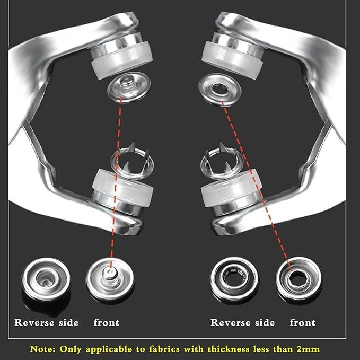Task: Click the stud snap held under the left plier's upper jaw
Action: tap(129, 87)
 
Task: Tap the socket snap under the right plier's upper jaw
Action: tap(219, 90)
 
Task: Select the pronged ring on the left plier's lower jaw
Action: tap(132, 162)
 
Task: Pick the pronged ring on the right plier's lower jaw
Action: tap(222, 162)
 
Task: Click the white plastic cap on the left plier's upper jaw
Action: tap(122, 60)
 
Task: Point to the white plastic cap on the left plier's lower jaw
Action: tap(122, 187)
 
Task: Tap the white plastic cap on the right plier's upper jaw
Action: tap(232, 60)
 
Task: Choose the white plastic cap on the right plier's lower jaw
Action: tap(231, 187)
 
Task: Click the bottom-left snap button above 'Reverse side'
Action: tap(46, 279)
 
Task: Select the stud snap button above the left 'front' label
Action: tap(110, 279)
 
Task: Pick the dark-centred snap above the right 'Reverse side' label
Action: tap(234, 279)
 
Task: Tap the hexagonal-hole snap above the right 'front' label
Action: tap(298, 279)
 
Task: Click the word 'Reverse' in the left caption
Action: tap(34, 322)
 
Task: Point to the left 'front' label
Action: tap(106, 322)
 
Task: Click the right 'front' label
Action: tap(302, 322)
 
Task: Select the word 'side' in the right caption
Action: tap(265, 322)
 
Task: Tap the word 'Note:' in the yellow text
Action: tap(43, 349)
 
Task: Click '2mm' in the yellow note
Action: tap(308, 349)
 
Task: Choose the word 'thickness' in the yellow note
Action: tap(229, 349)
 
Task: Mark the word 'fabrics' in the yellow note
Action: tap(164, 349)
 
